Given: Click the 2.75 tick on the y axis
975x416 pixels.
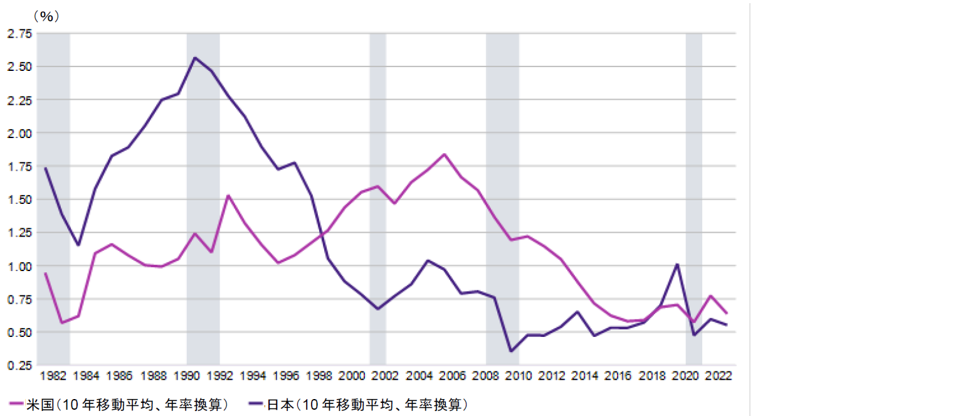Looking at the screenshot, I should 19,34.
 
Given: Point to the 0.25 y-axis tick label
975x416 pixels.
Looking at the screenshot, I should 19,365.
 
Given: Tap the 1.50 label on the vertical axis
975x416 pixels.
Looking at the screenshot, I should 19,200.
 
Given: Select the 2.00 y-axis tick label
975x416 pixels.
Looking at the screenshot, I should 19,133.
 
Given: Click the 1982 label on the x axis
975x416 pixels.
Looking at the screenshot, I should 53,376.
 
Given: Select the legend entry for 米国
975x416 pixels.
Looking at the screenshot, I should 119,405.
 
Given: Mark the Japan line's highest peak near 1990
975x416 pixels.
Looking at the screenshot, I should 195,58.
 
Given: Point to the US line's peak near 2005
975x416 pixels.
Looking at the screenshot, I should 444,154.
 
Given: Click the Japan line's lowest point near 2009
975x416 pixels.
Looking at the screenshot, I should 511,351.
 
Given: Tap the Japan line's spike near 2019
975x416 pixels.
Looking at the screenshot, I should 677,264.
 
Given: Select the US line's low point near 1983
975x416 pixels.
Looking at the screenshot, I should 62,323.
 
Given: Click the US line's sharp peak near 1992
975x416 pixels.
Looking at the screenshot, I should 228,195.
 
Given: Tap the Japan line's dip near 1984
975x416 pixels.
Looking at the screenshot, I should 78,245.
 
